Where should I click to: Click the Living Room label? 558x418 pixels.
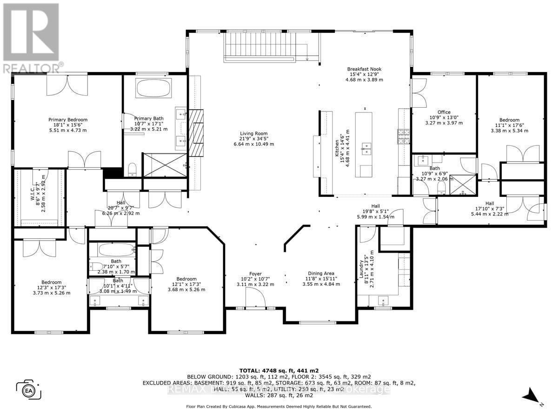[x=254, y=133]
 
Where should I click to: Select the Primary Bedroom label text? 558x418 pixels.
[x=68, y=119]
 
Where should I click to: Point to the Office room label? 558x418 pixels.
[x=444, y=112]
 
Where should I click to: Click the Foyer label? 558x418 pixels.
[x=255, y=274]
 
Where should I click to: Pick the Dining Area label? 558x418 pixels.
[x=321, y=274]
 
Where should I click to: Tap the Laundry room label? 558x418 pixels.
[x=360, y=268]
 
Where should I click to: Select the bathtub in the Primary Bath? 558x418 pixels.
[x=153, y=88]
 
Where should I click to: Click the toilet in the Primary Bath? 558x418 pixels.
[x=132, y=169]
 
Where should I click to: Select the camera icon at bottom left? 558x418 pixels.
[x=29, y=389]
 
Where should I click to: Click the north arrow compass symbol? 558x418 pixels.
[x=531, y=396]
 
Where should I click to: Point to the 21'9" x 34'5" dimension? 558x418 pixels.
[x=254, y=139]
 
